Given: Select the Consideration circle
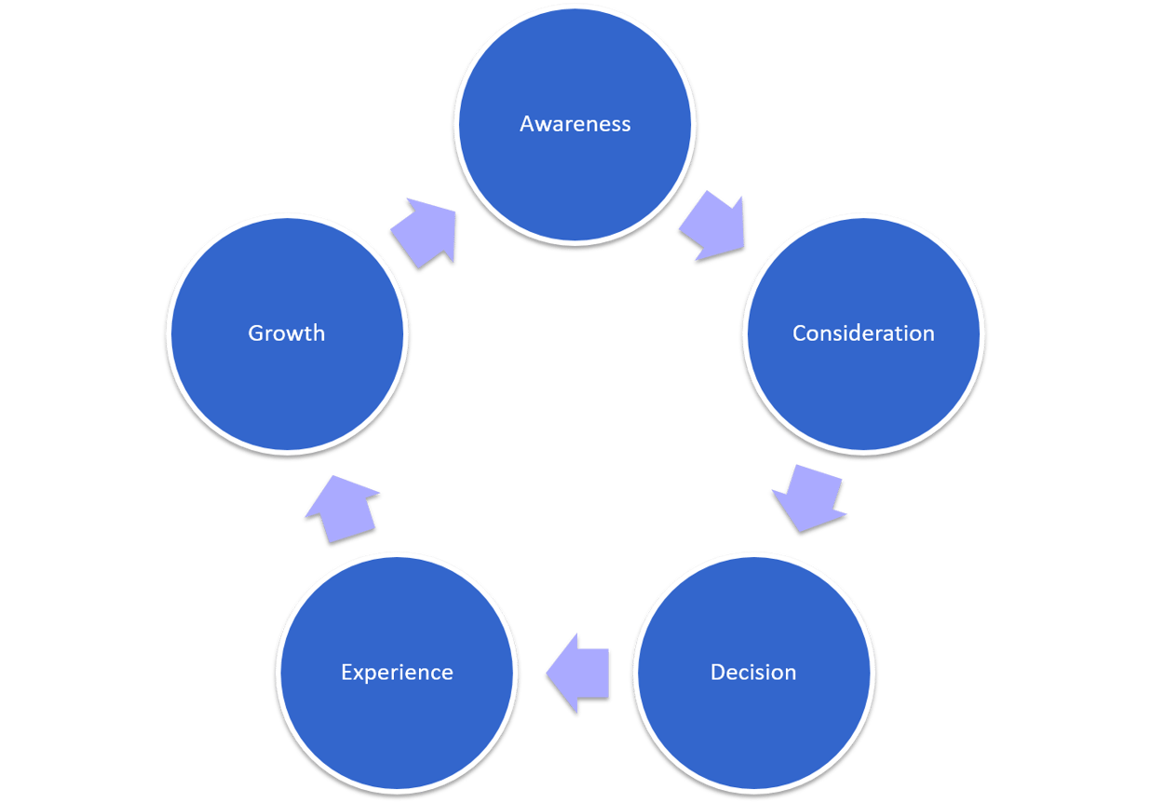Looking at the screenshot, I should click(863, 373).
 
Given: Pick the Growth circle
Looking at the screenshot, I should click(287, 373).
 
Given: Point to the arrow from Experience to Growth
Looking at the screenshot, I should click(340, 508).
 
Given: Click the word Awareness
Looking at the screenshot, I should click(575, 124).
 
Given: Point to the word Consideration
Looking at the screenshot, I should click(863, 333).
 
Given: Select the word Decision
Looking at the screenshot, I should click(753, 673).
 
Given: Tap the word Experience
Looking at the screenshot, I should click(397, 673).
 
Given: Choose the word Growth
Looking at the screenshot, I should click(287, 333).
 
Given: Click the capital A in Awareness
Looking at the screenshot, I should click(528, 124).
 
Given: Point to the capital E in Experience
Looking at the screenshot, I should click(346, 673).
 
